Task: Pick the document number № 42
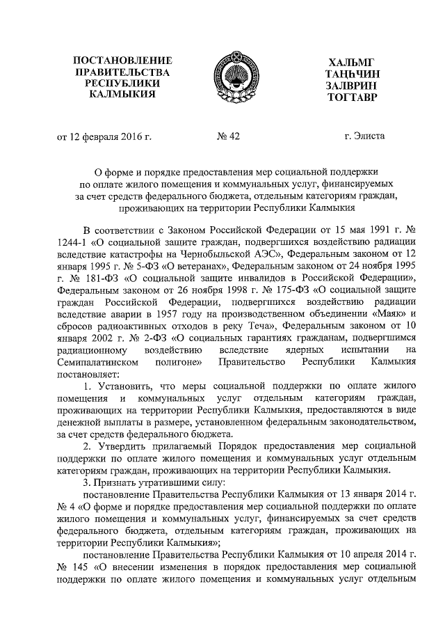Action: [x=228, y=136]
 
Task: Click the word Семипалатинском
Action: [x=100, y=362]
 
